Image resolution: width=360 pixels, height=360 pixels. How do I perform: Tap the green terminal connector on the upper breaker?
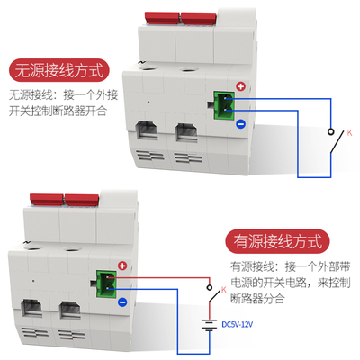[220, 107]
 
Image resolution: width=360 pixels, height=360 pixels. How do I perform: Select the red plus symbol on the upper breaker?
[240, 88]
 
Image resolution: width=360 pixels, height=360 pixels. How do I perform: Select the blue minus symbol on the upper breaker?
[240, 125]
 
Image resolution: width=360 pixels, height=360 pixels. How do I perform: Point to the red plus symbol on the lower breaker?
[122, 265]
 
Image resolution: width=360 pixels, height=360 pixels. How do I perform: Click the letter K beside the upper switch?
[350, 132]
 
